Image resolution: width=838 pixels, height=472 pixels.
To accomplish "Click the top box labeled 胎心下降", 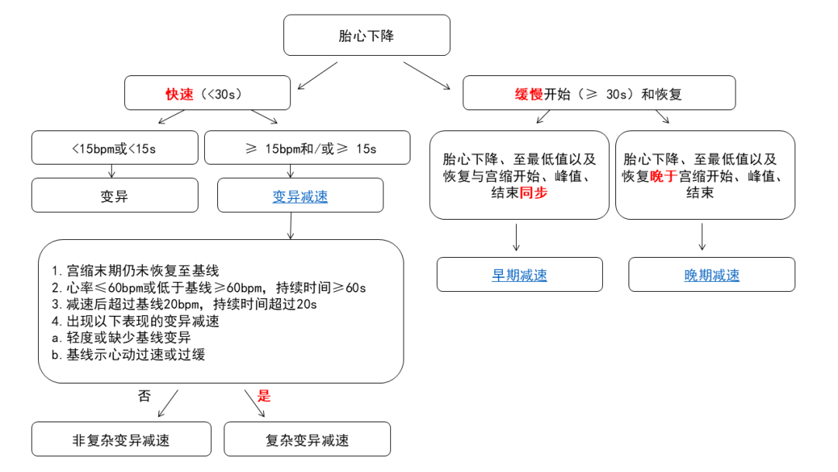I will [x=366, y=36].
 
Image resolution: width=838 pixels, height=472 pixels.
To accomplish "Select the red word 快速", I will [x=179, y=94].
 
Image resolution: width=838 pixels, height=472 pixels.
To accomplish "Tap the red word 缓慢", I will [x=529, y=94].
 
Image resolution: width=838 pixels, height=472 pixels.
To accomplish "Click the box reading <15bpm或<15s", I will [x=114, y=148].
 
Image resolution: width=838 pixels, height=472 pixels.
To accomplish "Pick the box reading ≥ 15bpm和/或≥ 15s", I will [x=306, y=148].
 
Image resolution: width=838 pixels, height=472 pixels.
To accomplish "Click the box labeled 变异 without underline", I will [x=114, y=196].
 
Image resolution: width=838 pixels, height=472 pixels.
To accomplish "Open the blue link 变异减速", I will [x=300, y=196].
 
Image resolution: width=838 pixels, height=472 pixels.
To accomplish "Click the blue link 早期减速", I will [x=519, y=275].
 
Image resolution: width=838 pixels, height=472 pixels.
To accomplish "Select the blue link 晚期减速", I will [x=712, y=275].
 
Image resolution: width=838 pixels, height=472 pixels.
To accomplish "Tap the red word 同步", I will [x=533, y=193].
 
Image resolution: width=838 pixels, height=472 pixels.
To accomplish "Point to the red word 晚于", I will [x=664, y=175].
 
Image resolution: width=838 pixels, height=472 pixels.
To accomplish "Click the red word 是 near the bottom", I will [x=264, y=396].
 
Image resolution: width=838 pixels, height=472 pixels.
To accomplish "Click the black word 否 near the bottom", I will [x=144, y=396].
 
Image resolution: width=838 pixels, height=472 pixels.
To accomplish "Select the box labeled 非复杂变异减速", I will [x=121, y=440].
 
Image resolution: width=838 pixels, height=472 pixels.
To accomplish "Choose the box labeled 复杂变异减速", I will [x=307, y=440].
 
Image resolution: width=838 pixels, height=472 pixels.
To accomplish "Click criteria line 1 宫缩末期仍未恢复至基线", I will [x=136, y=271].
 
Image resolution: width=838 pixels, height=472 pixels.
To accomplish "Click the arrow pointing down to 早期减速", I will [x=516, y=237].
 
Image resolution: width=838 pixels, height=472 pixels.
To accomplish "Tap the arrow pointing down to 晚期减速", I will [x=702, y=237].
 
